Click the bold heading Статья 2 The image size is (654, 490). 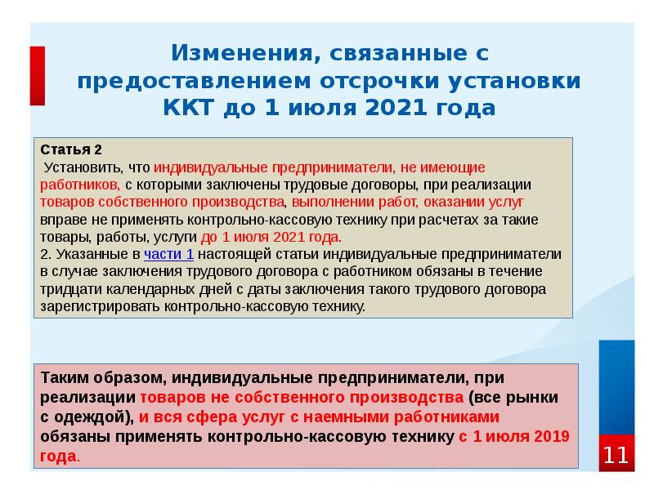point(72,150)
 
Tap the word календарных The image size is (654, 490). point(160,289)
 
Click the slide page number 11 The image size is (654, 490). point(616,455)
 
